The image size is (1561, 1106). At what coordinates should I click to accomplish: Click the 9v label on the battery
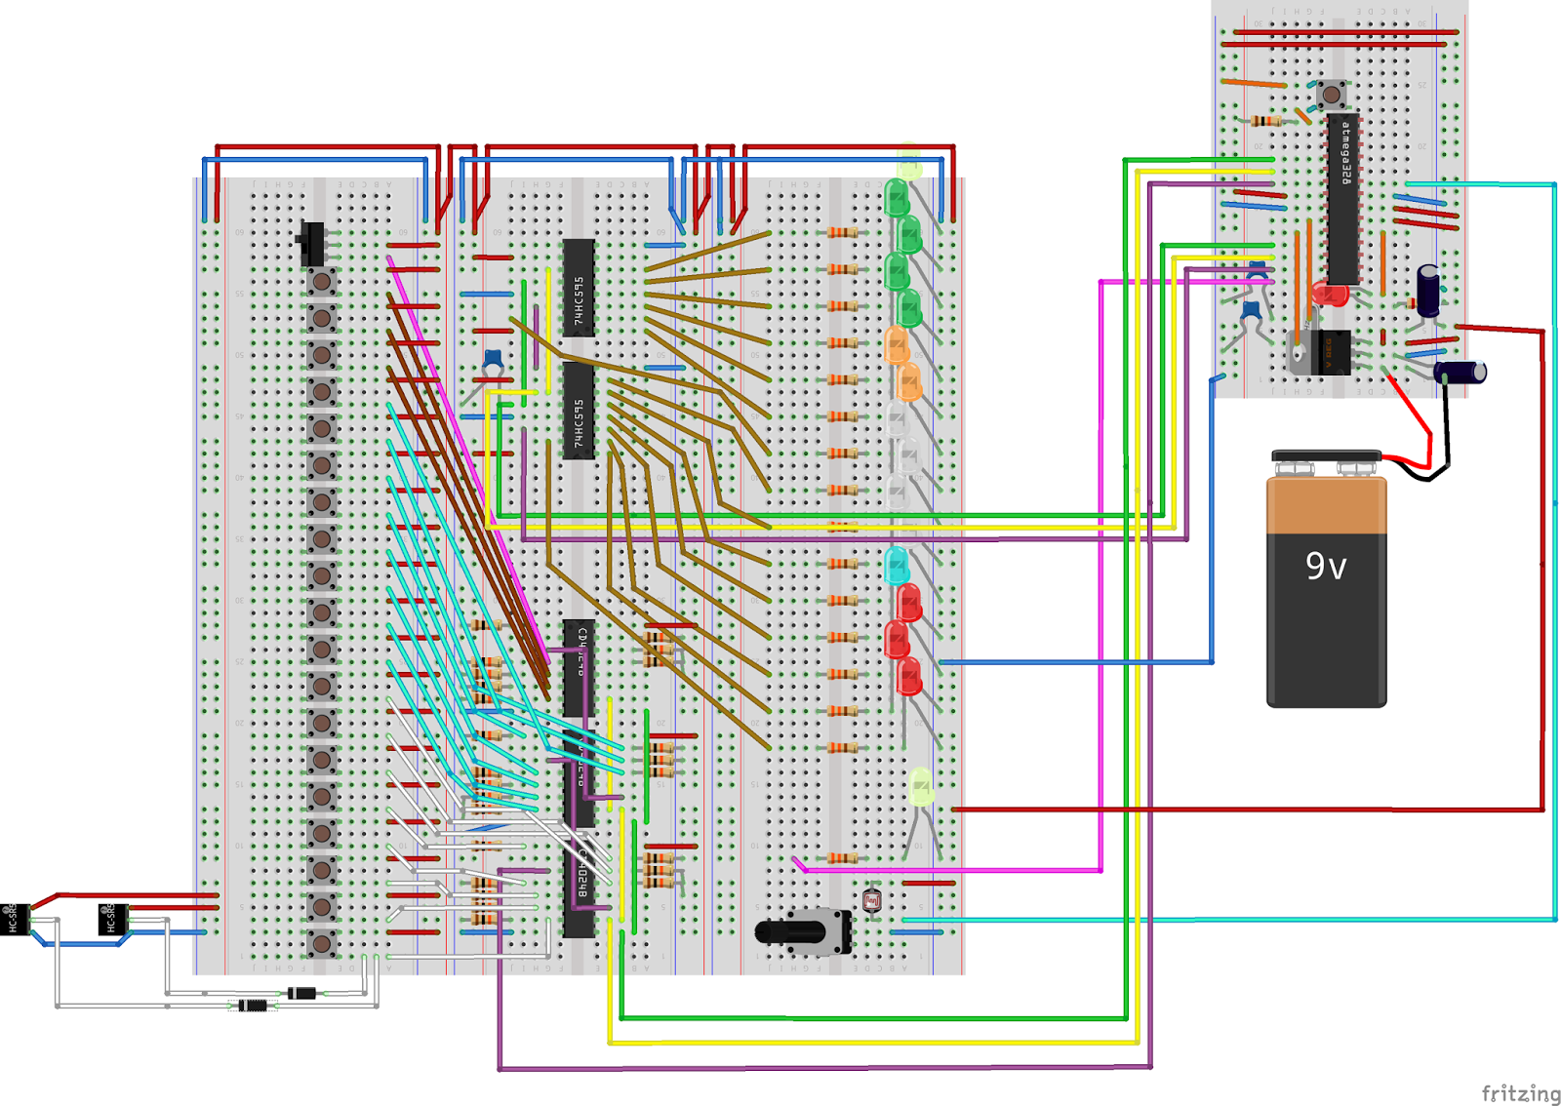click(1325, 566)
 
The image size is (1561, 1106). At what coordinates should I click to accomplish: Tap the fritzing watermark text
click(1520, 1093)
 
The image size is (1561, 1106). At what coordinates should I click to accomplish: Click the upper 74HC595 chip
click(579, 288)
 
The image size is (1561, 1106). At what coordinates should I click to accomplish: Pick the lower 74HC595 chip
click(579, 410)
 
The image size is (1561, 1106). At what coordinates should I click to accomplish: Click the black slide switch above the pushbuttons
click(312, 244)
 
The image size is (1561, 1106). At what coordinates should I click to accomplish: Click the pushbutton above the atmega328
click(1331, 95)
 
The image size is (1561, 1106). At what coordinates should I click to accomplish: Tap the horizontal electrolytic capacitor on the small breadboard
click(1460, 372)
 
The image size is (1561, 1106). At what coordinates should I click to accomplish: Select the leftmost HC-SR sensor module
click(14, 918)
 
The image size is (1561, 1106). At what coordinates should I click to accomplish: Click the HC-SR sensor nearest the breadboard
click(112, 918)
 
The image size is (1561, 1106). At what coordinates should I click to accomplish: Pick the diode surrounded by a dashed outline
click(253, 1005)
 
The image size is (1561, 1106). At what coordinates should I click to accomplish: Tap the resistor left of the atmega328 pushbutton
click(1265, 121)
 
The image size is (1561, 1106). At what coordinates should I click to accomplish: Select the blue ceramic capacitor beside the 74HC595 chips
click(493, 360)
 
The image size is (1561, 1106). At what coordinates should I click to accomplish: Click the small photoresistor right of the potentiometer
click(872, 900)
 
